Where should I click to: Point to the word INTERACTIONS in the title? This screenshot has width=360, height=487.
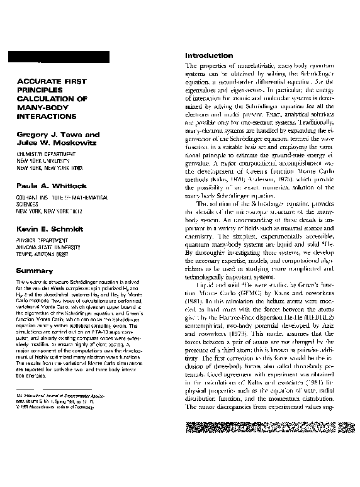45,116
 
